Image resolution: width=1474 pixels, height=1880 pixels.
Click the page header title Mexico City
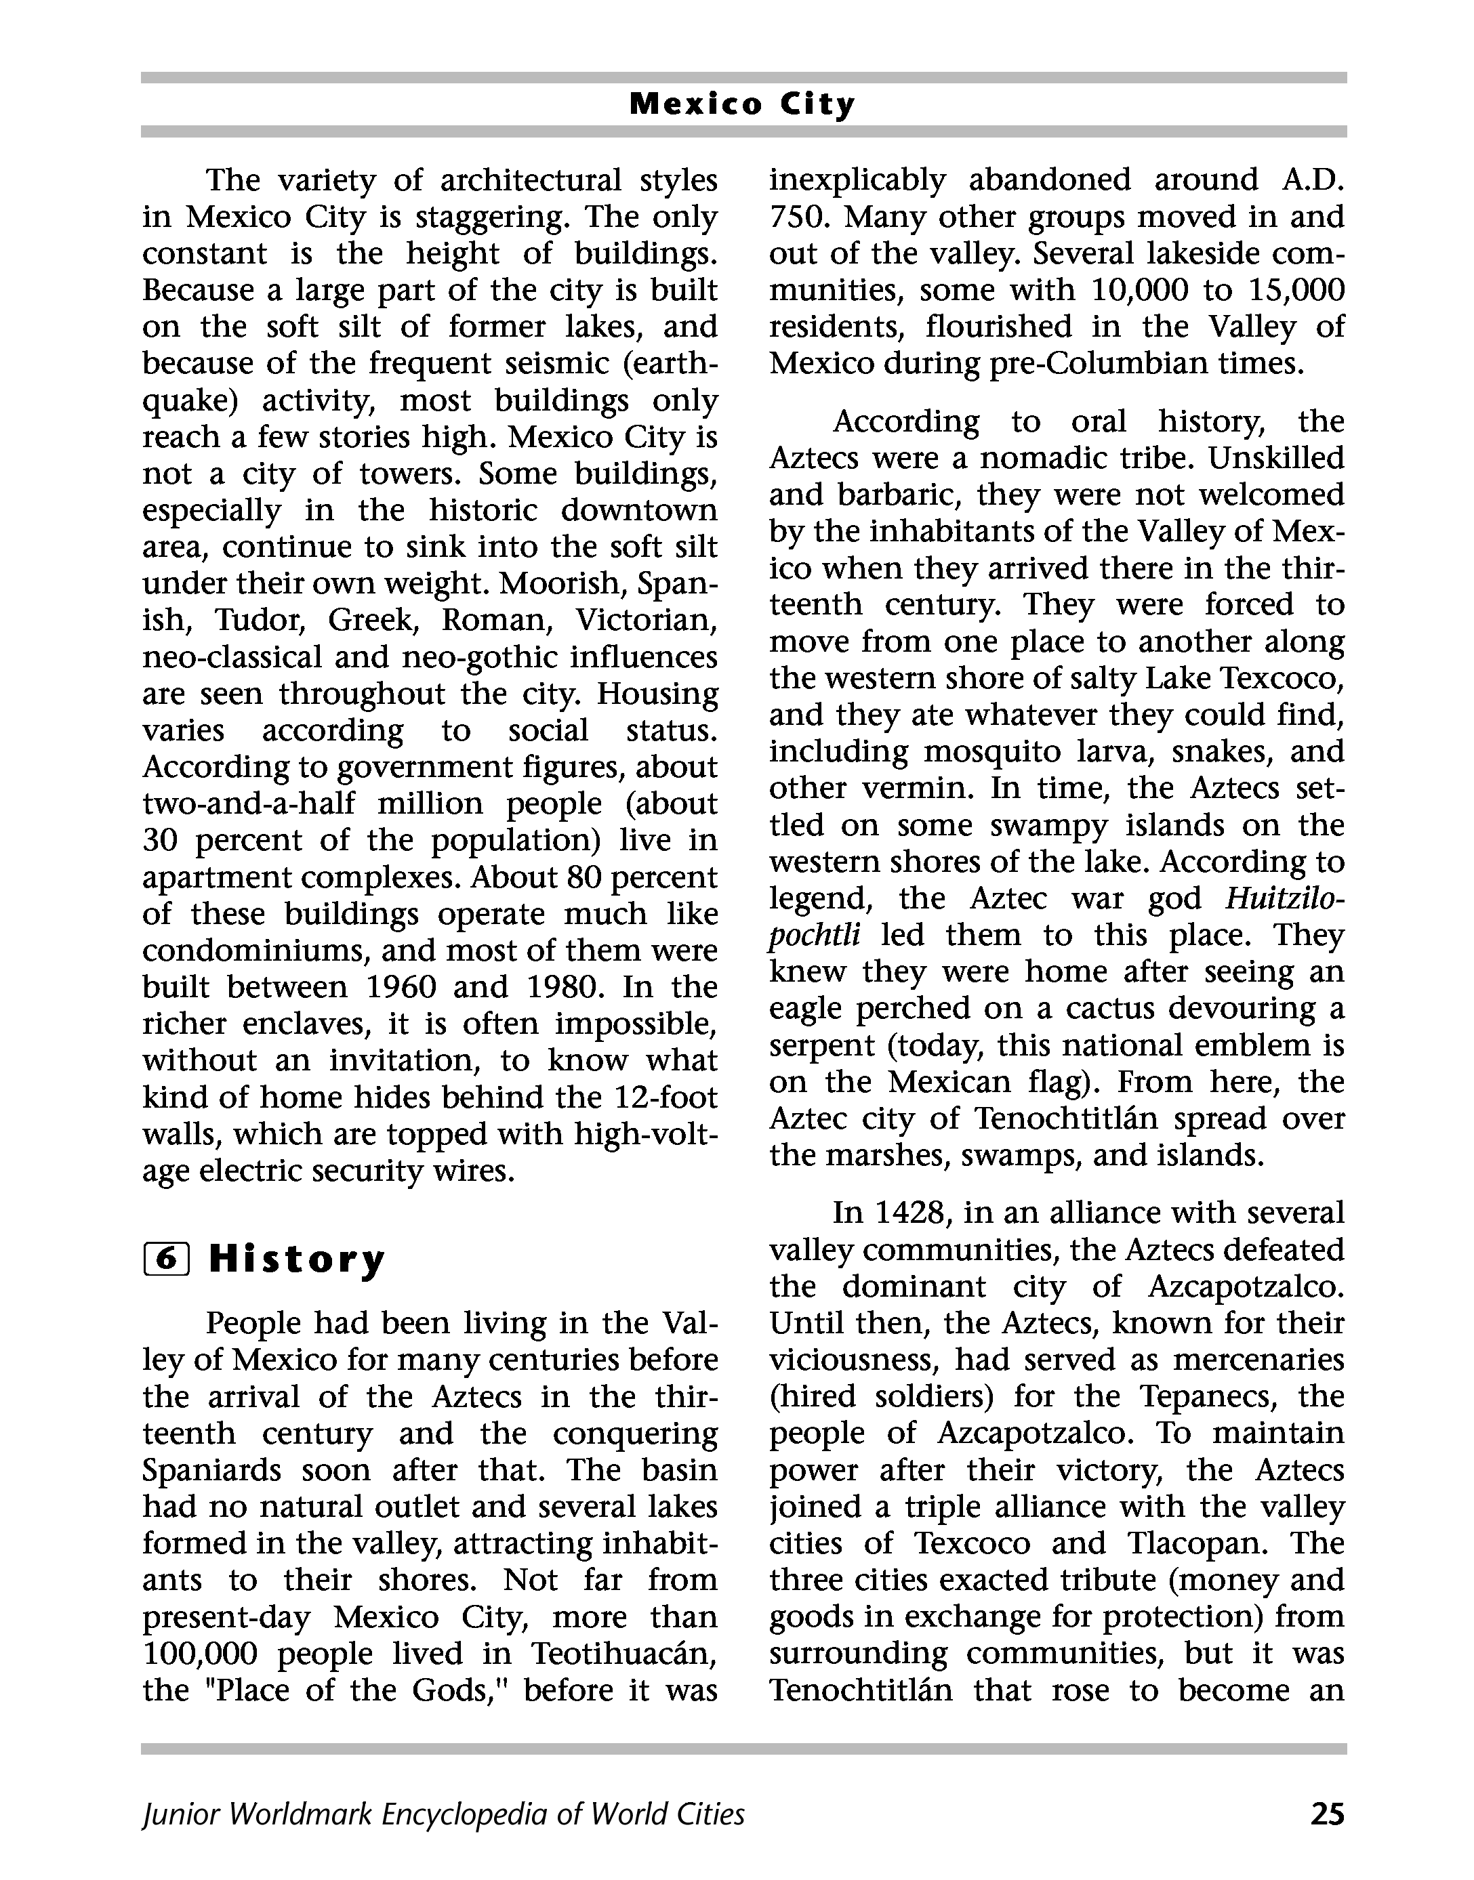(742, 104)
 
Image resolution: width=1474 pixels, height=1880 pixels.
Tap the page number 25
(1326, 1814)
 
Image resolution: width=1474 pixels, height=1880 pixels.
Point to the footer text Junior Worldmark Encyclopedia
(443, 1814)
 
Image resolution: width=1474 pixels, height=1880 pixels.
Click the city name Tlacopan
(1200, 1543)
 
